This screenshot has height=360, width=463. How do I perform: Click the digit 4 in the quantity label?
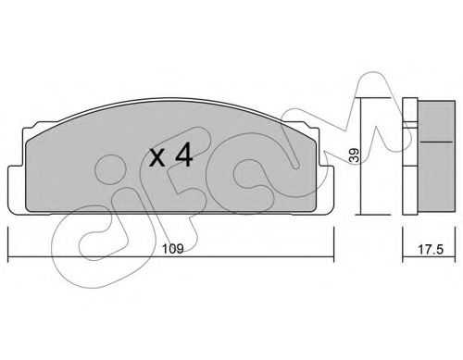(x=183, y=156)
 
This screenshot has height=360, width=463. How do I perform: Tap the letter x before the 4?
(x=158, y=158)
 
